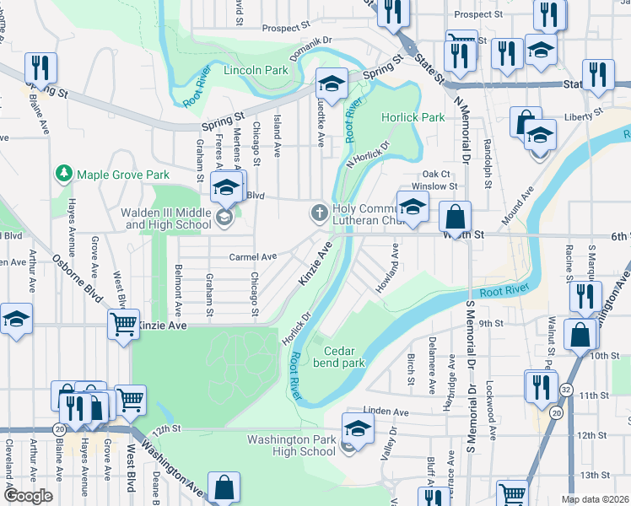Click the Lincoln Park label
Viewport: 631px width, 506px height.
pos(256,71)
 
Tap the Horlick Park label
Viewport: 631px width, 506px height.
pos(413,118)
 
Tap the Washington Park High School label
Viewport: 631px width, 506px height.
pos(291,445)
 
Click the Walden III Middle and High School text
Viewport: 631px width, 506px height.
pos(167,219)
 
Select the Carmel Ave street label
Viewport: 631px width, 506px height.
pos(252,257)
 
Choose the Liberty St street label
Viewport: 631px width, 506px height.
pos(585,112)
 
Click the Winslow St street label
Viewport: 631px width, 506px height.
pos(434,186)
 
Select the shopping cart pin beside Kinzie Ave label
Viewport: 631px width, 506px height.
pos(124,323)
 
